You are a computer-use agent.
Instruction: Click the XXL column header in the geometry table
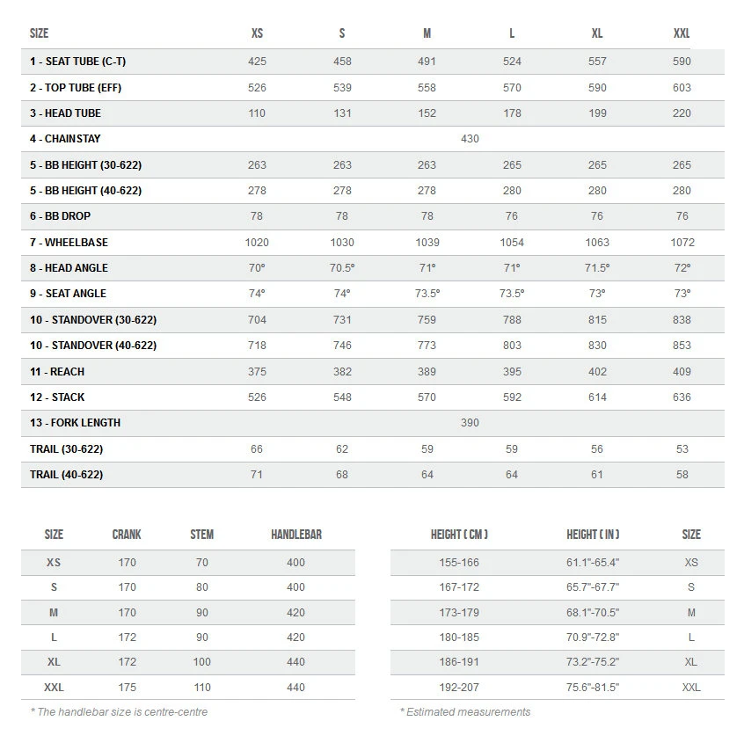pyautogui.click(x=682, y=33)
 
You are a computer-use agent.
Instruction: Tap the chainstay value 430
pyautogui.click(x=470, y=139)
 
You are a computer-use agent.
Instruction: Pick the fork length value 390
pyautogui.click(x=470, y=423)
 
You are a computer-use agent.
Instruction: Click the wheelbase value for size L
pyautogui.click(x=512, y=243)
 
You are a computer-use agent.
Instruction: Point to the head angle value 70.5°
pyautogui.click(x=342, y=268)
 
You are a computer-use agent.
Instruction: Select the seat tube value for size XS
pyautogui.click(x=257, y=62)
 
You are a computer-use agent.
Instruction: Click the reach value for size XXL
pyautogui.click(x=682, y=372)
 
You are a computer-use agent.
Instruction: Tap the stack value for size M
pyautogui.click(x=427, y=397)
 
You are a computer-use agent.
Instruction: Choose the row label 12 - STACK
pyautogui.click(x=57, y=397)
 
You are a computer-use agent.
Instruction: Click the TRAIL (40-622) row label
pyautogui.click(x=66, y=475)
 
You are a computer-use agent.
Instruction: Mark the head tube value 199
pyautogui.click(x=597, y=113)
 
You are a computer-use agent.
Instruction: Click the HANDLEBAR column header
pyautogui.click(x=295, y=535)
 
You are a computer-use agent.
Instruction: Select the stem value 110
pyautogui.click(x=202, y=687)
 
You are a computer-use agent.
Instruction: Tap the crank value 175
pyautogui.click(x=127, y=687)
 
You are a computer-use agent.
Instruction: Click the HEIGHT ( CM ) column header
pyautogui.click(x=459, y=535)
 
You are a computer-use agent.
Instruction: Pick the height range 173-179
pyautogui.click(x=459, y=613)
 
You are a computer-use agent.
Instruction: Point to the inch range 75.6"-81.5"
pyautogui.click(x=593, y=687)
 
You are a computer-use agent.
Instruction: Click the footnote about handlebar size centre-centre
pyautogui.click(x=119, y=712)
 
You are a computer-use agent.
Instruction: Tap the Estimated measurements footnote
pyautogui.click(x=465, y=712)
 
